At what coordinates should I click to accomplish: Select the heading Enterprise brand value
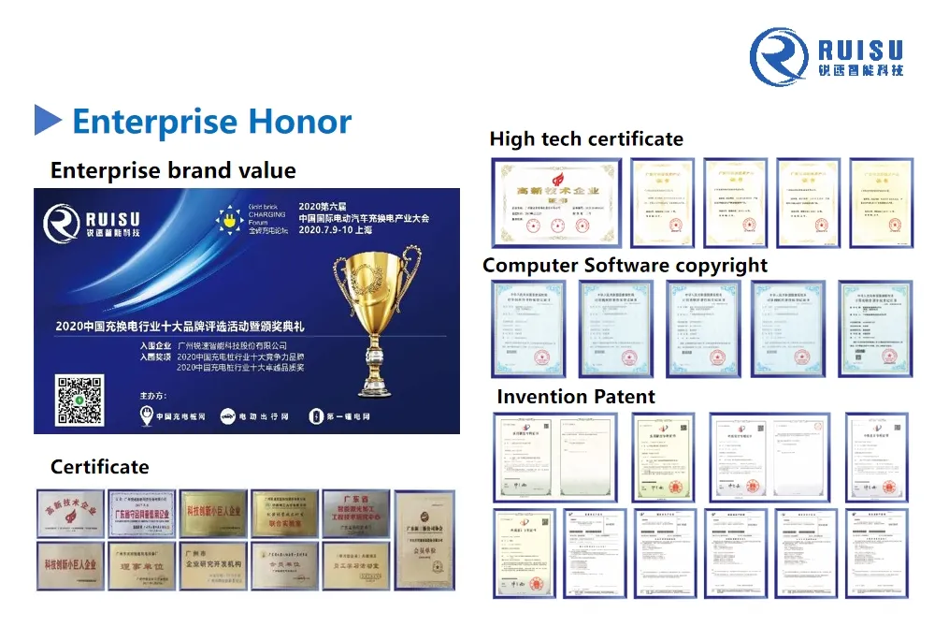click(173, 170)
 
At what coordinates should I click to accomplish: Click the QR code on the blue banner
click(79, 401)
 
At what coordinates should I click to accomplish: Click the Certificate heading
click(99, 466)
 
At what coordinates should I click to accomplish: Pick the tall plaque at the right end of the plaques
click(424, 540)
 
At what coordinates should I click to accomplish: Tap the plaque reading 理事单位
click(141, 565)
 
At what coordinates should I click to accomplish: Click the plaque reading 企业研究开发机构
click(212, 565)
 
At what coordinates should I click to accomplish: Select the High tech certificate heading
click(586, 139)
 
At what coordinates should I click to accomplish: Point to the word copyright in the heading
click(721, 266)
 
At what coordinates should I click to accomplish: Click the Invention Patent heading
click(575, 397)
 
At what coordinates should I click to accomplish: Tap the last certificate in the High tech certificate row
click(882, 203)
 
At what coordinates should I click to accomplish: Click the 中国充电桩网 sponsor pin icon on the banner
click(146, 416)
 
